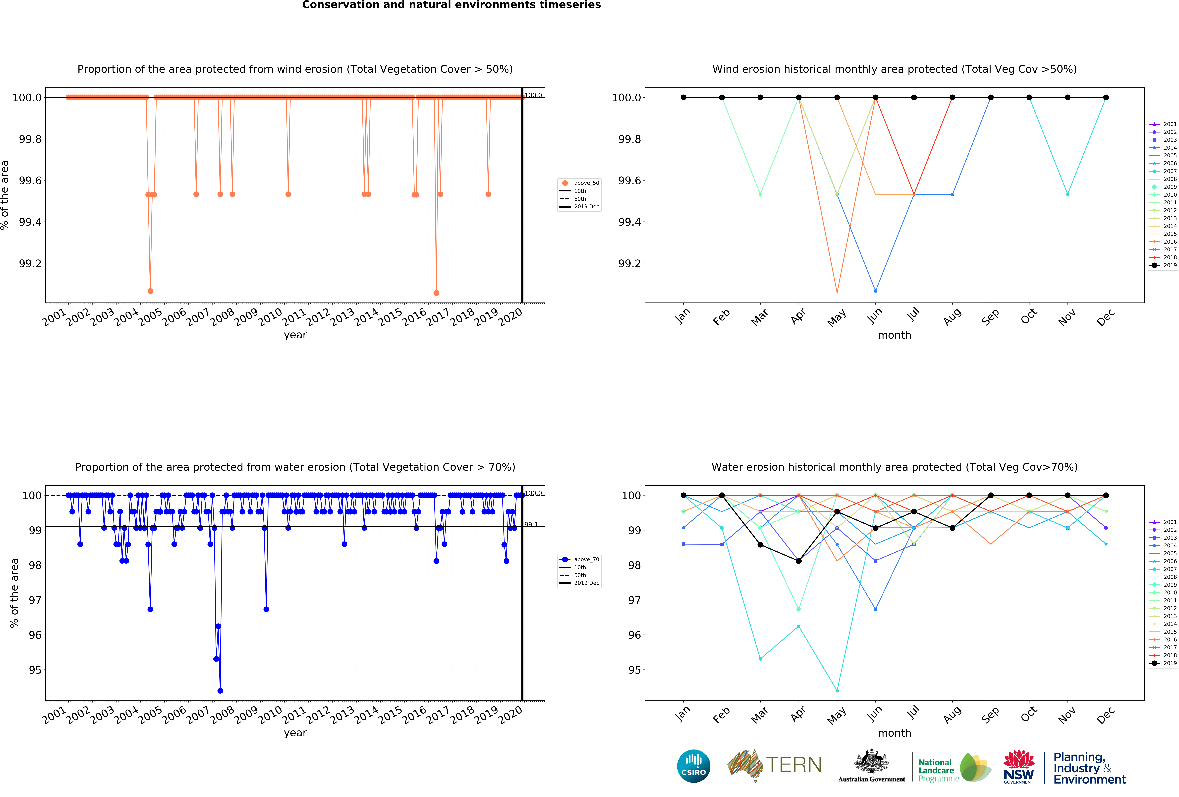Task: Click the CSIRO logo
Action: [x=693, y=766]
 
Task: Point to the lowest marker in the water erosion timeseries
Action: [x=220, y=690]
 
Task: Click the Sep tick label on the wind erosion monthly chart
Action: [x=989, y=317]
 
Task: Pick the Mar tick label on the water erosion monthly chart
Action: [x=759, y=715]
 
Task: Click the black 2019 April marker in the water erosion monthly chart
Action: [x=798, y=561]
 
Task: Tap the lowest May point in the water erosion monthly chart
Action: [x=837, y=690]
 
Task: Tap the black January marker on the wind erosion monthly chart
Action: [x=683, y=97]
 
